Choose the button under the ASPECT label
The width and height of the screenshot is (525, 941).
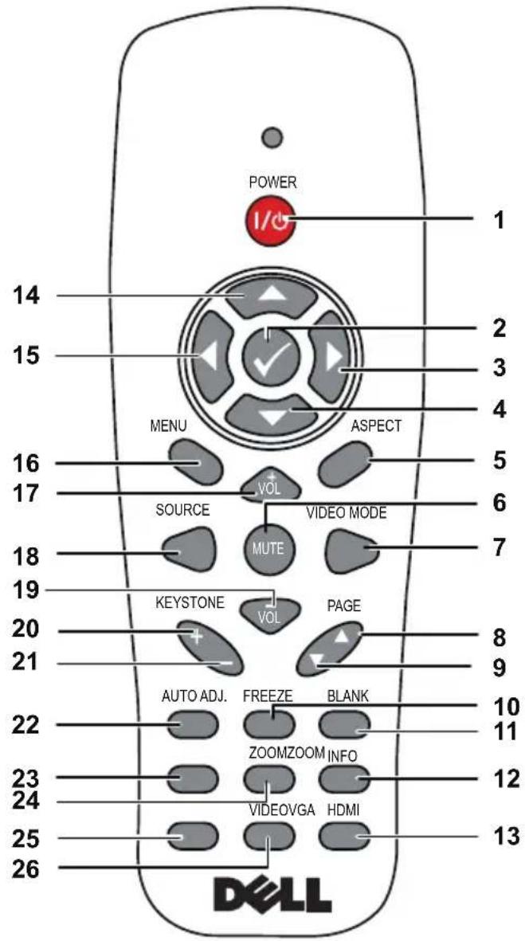344,463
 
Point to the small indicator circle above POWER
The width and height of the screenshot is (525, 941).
273,138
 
